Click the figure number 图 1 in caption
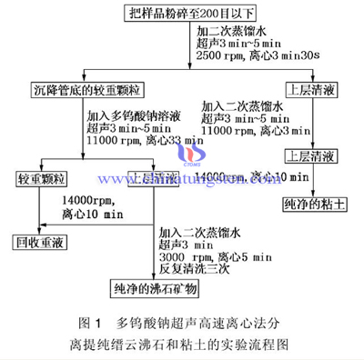coord(91,322)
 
